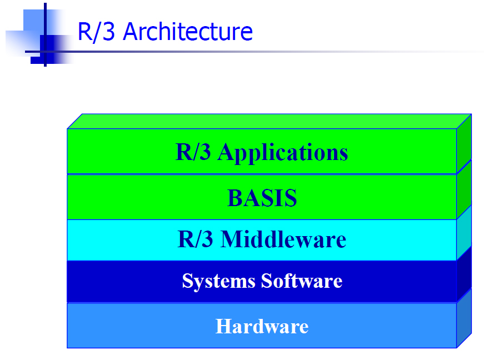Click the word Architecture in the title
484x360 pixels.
(188, 31)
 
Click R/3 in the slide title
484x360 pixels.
(96, 32)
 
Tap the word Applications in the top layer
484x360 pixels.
(282, 153)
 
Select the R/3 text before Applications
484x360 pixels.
(193, 152)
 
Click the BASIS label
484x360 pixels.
(262, 198)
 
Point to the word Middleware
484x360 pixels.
(283, 239)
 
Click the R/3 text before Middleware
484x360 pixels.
(195, 239)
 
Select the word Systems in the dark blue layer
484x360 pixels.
(219, 281)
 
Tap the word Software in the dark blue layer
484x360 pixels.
(302, 281)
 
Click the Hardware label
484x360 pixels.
(262, 326)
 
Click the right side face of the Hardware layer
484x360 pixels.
(464, 318)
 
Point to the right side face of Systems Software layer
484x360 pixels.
(464, 274)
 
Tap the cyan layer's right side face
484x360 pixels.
(464, 233)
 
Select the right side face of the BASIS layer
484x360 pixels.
(464, 189)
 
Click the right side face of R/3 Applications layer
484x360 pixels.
(464, 144)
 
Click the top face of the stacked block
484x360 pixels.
(269, 121)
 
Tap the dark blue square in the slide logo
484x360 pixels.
(47, 49)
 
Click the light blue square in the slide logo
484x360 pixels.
(34, 21)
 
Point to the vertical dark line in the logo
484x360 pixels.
(45, 34)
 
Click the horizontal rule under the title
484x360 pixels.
(253, 52)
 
